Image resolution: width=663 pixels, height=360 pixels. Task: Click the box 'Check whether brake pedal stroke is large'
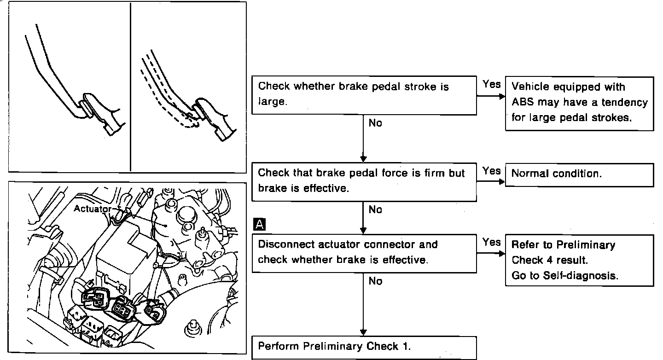(364, 95)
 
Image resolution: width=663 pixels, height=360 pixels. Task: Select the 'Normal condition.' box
(579, 174)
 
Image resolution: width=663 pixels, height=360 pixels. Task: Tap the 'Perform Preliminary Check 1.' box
(364, 347)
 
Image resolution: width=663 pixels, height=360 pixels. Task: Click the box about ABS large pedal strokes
(579, 103)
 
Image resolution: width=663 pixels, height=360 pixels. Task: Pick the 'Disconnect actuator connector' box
(364, 253)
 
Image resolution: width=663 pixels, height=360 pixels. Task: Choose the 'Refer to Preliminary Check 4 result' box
(579, 261)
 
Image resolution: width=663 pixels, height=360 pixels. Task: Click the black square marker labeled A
(260, 225)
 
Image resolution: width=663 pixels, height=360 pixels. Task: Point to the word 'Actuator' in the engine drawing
(93, 209)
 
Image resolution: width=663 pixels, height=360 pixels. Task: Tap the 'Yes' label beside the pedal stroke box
(491, 84)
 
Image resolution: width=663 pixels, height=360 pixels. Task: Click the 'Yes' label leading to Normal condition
(491, 171)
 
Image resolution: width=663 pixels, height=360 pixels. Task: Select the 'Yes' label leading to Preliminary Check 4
(491, 242)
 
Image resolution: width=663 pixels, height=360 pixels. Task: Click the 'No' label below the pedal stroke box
(375, 123)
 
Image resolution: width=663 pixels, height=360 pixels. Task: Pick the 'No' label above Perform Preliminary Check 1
(375, 281)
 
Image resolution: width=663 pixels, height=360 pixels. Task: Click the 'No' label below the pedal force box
(375, 210)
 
